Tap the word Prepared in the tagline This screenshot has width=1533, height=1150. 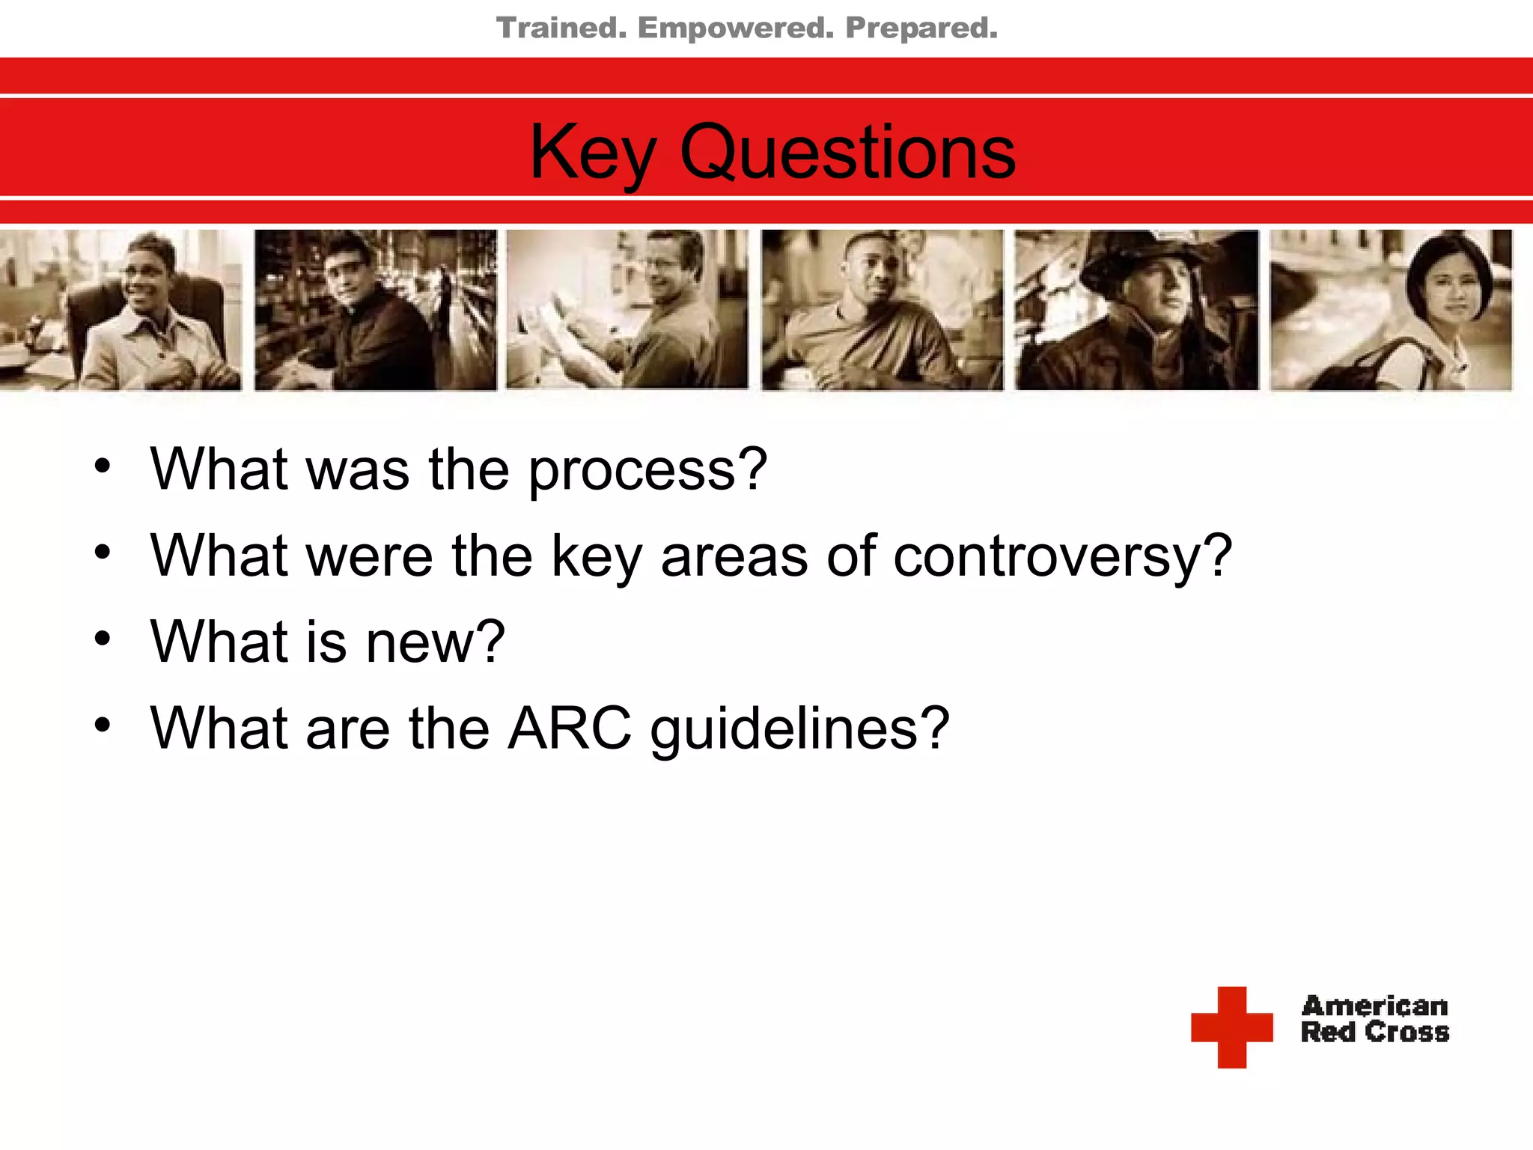921,28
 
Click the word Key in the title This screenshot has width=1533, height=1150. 591,153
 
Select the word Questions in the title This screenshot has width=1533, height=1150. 847,153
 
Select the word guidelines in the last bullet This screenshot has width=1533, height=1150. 799,730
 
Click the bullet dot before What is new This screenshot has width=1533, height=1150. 103,639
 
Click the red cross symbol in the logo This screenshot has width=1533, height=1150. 1231,1026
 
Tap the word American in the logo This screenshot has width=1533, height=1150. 1374,1006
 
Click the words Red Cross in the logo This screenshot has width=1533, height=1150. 1374,1032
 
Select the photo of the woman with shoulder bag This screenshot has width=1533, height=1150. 1391,310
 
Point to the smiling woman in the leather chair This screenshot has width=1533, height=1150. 150,310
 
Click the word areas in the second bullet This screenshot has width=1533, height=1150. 734,558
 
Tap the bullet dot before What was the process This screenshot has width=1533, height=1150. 103,466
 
